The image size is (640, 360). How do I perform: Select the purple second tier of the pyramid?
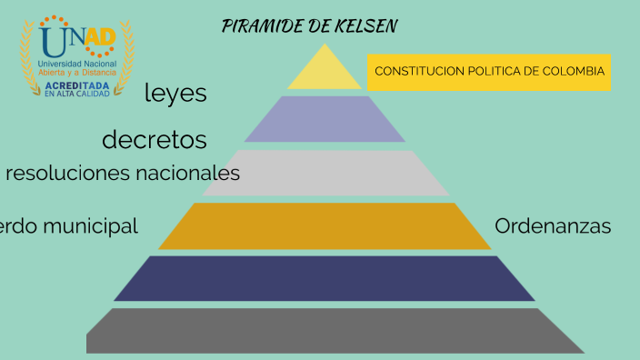point(325,119)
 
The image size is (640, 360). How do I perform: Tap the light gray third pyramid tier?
point(325,173)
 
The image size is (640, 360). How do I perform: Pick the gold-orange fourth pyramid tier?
point(325,225)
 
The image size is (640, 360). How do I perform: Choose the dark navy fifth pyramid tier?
point(325,278)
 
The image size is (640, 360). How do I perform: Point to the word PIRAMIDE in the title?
point(264,25)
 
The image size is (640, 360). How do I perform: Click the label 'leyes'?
point(175,93)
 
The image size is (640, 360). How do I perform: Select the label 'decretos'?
point(155,140)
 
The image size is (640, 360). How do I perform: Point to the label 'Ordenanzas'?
point(553,226)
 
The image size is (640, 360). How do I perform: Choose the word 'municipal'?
point(93,226)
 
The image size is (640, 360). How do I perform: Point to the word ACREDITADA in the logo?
point(77,85)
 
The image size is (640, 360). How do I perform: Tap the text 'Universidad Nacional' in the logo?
point(77,63)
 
